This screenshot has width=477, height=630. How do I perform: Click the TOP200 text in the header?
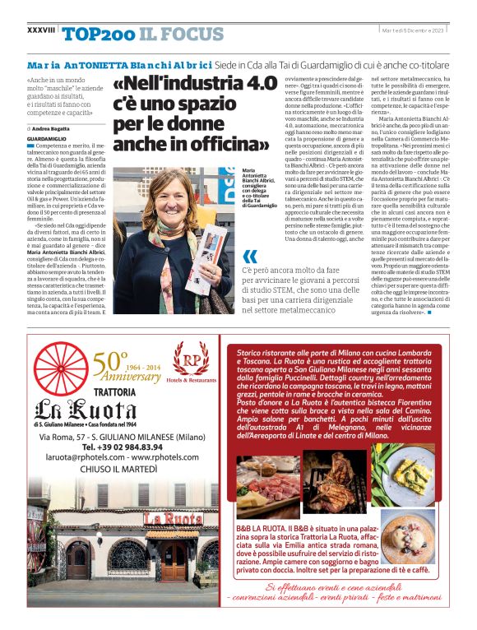pos(98,33)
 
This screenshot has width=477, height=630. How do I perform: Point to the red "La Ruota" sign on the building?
pos(173,519)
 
